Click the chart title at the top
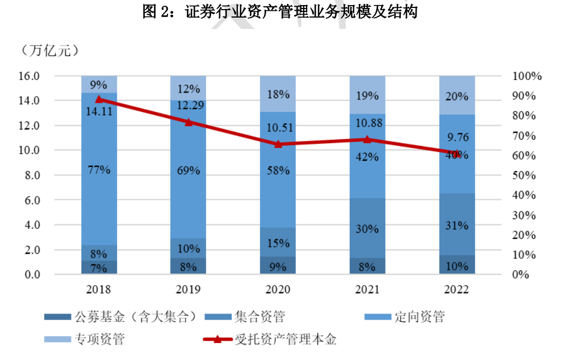pyautogui.click(x=280, y=12)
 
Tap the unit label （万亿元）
pyautogui.click(x=49, y=51)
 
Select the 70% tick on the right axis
pyautogui.click(x=527, y=136)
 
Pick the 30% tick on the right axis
pyautogui.click(x=527, y=215)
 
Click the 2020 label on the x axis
pyautogui.click(x=278, y=290)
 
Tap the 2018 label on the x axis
pyautogui.click(x=99, y=290)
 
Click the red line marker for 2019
pyautogui.click(x=188, y=122)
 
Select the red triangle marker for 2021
pyautogui.click(x=367, y=139)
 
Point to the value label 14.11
pyautogui.click(x=99, y=111)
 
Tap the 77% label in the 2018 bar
pyautogui.click(x=99, y=169)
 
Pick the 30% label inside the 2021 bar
pyautogui.click(x=367, y=229)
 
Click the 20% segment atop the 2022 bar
pyautogui.click(x=457, y=96)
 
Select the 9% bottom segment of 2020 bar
pyautogui.click(x=278, y=265)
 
